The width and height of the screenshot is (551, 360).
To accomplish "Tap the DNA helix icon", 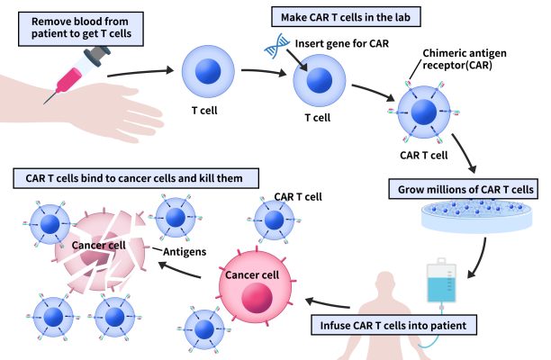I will (x=274, y=49).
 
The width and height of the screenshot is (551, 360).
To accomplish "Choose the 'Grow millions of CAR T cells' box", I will (x=461, y=190).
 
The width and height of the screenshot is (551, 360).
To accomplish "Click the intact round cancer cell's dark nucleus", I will (x=256, y=297).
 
